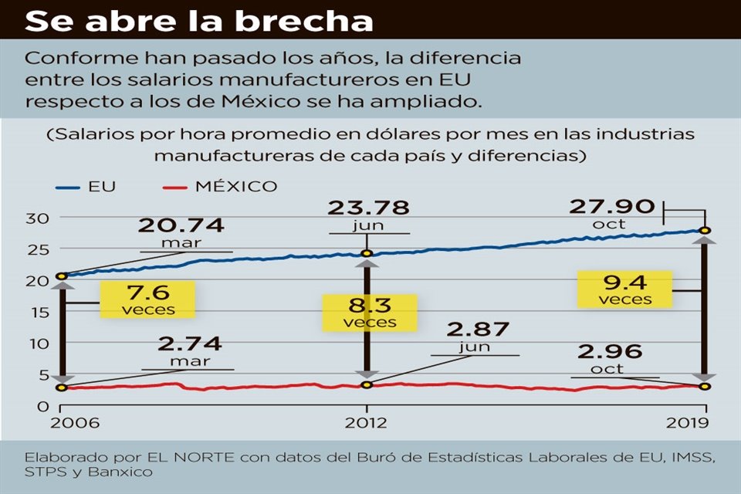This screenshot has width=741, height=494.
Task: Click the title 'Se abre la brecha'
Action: click(x=199, y=20)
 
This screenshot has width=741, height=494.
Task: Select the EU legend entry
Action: click(x=86, y=186)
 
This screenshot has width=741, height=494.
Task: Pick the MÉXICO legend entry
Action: click(x=219, y=186)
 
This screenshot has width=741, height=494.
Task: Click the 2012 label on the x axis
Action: click(x=367, y=422)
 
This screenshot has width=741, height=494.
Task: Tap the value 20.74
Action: click(x=181, y=225)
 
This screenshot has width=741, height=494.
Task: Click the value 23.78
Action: click(x=368, y=208)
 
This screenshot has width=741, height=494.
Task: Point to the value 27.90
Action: click(x=612, y=207)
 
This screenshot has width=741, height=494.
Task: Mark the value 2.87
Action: click(x=468, y=330)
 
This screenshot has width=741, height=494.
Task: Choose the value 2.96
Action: click(x=609, y=352)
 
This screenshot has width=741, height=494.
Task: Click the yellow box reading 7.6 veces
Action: click(x=147, y=299)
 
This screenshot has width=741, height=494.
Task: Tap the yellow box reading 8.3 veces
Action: click(x=369, y=312)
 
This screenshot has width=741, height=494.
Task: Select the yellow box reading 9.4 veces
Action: click(x=624, y=288)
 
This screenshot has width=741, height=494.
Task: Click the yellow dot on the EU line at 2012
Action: click(x=367, y=253)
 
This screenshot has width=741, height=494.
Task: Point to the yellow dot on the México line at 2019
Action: click(x=705, y=386)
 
